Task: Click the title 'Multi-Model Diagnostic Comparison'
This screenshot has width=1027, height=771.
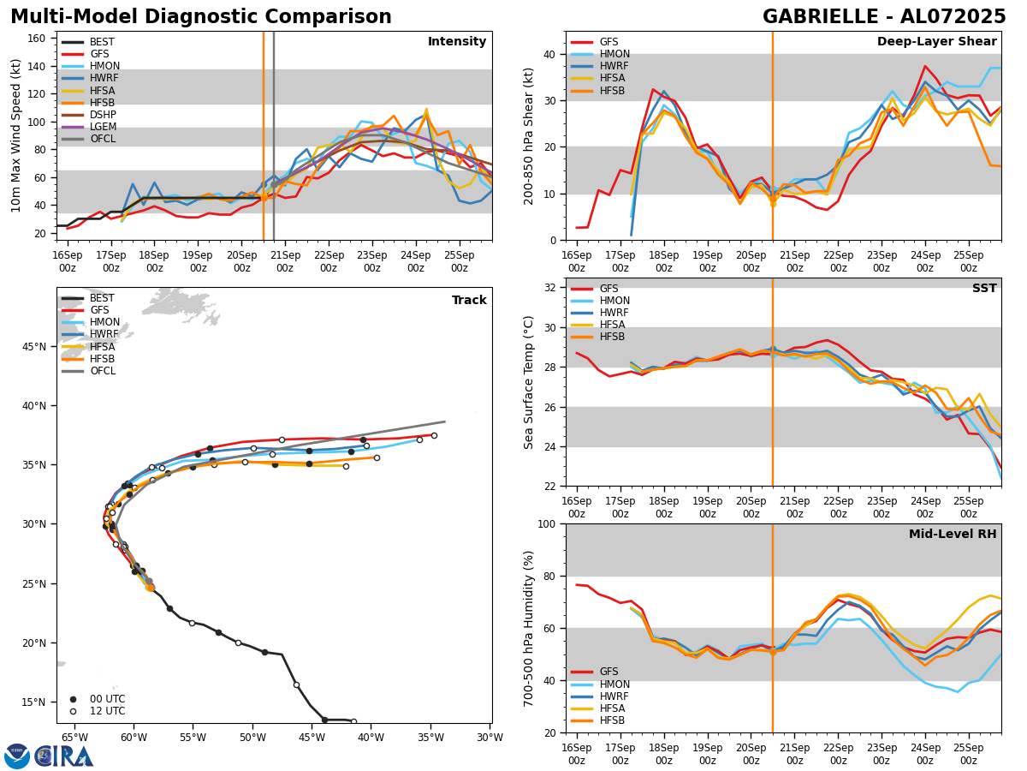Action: pyautogui.click(x=201, y=17)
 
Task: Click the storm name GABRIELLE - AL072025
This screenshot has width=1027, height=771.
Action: pyautogui.click(x=884, y=17)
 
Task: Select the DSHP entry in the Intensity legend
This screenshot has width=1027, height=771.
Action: pyautogui.click(x=103, y=115)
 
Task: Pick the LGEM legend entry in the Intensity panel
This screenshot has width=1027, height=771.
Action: pyautogui.click(x=104, y=127)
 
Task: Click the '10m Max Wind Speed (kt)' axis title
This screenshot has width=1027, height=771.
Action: pyautogui.click(x=15, y=135)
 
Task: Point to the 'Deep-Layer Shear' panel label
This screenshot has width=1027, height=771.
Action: pyautogui.click(x=936, y=42)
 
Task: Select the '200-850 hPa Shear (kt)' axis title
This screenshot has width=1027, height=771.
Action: pyautogui.click(x=529, y=135)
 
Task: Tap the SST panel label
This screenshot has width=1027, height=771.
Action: pyautogui.click(x=983, y=289)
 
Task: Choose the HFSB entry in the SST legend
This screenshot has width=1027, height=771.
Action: pyautogui.click(x=612, y=337)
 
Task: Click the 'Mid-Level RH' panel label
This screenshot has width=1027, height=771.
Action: pyautogui.click(x=953, y=535)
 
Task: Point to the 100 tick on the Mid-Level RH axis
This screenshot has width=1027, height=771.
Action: pyautogui.click(x=549, y=523)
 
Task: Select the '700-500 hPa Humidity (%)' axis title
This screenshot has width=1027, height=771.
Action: pyautogui.click(x=529, y=628)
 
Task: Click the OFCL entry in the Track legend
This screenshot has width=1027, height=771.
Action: pyautogui.click(x=102, y=371)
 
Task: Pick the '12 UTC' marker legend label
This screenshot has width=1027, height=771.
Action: pyautogui.click(x=107, y=711)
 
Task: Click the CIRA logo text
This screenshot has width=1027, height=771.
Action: pyautogui.click(x=64, y=756)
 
